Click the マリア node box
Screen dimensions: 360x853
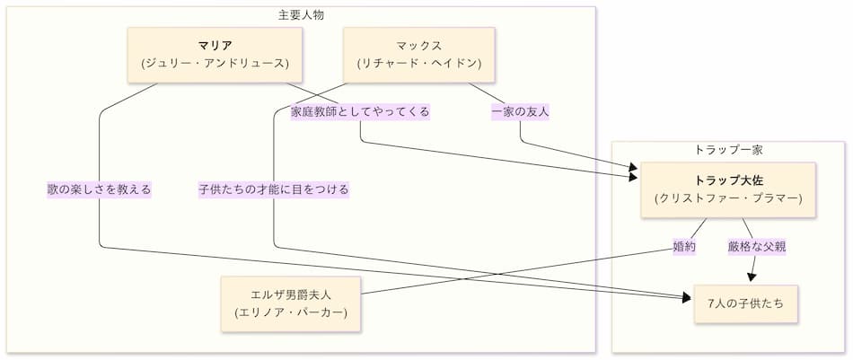pos(214,55)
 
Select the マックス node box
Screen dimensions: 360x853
pos(418,55)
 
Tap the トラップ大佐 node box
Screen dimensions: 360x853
pos(728,189)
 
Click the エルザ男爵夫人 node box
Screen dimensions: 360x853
pos(292,303)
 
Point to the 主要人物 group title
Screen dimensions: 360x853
pos(301,14)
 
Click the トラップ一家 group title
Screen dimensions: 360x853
pos(728,149)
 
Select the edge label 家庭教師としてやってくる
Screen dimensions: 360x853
pos(360,112)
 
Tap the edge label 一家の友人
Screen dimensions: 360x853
pos(520,112)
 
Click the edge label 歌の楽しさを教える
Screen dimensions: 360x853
pos(100,189)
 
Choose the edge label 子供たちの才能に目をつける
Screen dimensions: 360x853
pos(274,189)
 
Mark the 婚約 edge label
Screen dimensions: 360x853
pos(684,246)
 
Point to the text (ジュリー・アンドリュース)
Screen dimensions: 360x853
pos(214,64)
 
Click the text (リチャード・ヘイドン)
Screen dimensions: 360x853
pos(418,64)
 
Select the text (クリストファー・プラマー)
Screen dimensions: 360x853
pos(728,198)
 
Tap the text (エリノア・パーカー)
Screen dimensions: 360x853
pos(292,312)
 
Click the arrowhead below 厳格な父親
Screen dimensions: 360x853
pos(751,276)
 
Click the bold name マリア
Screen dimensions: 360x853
pos(214,45)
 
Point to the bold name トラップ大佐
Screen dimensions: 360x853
pos(728,180)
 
